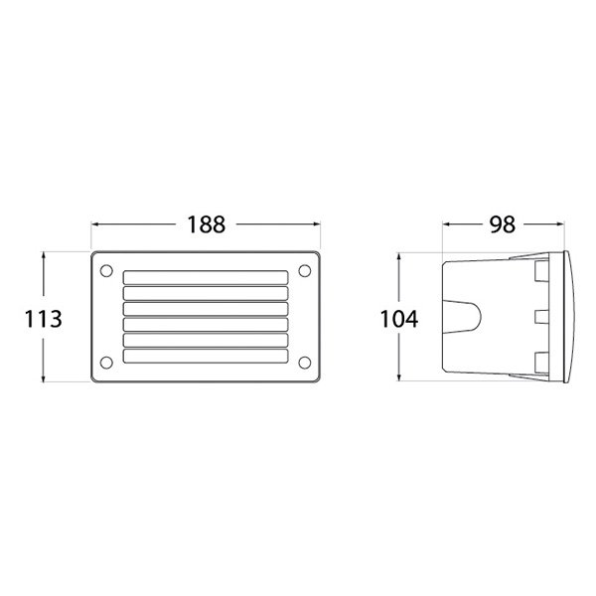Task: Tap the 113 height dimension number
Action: (45, 319)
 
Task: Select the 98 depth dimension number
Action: (503, 224)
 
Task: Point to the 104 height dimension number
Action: (399, 319)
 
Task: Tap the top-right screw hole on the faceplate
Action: (302, 267)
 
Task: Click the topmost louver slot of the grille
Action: (205, 278)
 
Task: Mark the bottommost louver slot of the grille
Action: (205, 355)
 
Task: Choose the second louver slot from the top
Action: (205, 294)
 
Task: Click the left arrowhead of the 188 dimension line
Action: (95, 224)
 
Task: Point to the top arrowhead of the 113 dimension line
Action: (45, 255)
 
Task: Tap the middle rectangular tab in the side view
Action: (541, 317)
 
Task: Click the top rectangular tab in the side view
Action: (541, 270)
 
